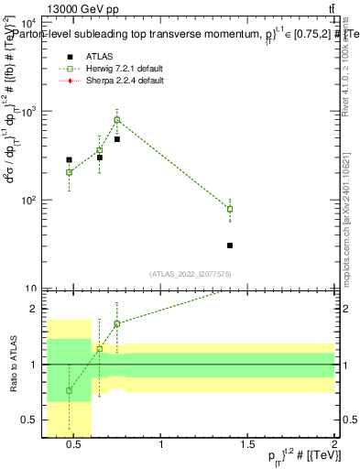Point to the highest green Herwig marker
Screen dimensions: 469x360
117,120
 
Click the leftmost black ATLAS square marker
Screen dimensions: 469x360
69,159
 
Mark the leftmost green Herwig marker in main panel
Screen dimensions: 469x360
69,172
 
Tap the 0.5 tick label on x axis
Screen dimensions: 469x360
77,447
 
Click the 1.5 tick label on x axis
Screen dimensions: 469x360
248,447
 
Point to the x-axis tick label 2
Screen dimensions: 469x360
334,447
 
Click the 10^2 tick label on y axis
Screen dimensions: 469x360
27,200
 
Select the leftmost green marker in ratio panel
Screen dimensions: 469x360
69,390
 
